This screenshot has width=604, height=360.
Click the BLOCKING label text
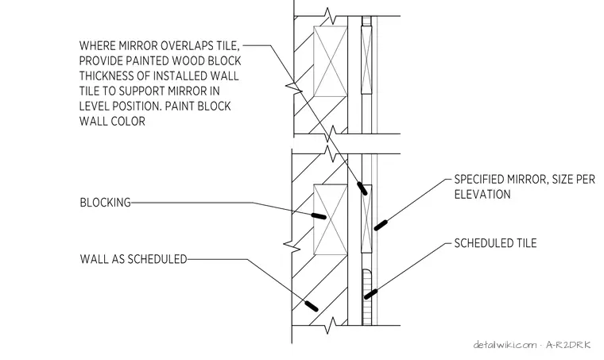pos(105,203)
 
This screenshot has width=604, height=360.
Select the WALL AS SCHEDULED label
pos(134,259)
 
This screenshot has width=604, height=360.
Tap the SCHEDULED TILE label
pos(495,243)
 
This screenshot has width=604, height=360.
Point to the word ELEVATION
pos(482,195)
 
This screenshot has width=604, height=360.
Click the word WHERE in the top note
pos(98,46)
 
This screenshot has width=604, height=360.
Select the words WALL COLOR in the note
pos(112,122)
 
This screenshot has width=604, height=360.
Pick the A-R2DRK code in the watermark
pos(568,345)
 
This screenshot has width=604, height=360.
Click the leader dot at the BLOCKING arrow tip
pos(319,216)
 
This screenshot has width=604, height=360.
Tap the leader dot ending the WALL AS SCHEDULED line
pos(312,306)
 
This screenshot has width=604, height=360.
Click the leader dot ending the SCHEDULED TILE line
pos(370,294)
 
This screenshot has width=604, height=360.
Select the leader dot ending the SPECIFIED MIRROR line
pos(381,225)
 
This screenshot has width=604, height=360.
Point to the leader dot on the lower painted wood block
pos(362,188)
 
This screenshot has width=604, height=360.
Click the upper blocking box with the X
pos(331,61)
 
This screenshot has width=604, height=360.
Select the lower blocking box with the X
pos(331,220)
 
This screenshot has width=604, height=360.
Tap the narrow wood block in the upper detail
pos(366,60)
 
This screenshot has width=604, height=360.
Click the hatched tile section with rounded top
pos(367,297)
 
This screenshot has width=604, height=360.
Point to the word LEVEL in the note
pos(95,106)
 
